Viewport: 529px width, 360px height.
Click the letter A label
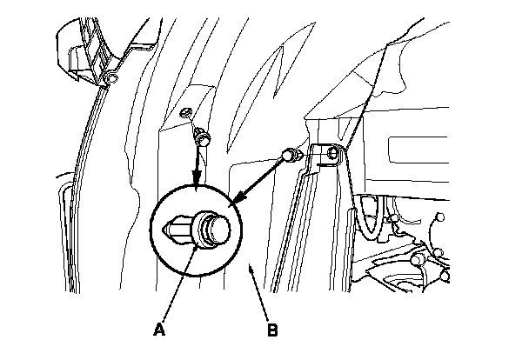pyautogui.click(x=158, y=330)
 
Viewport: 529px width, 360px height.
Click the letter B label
pyautogui.click(x=272, y=330)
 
